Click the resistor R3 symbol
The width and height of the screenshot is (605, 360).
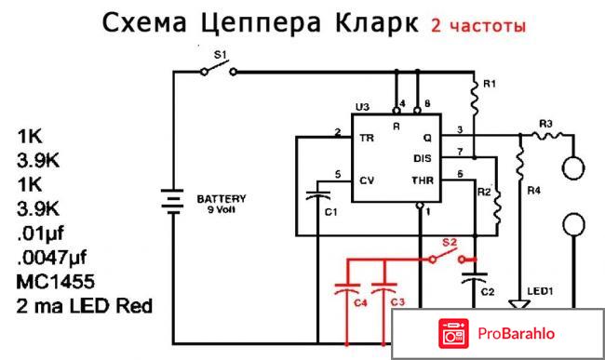pos(545,137)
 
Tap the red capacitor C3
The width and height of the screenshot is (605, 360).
pos(383,281)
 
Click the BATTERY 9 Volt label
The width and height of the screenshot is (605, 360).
pos(221,203)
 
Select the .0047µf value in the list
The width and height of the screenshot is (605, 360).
pos(57,255)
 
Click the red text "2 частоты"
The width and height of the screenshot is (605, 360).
pos(477,25)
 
